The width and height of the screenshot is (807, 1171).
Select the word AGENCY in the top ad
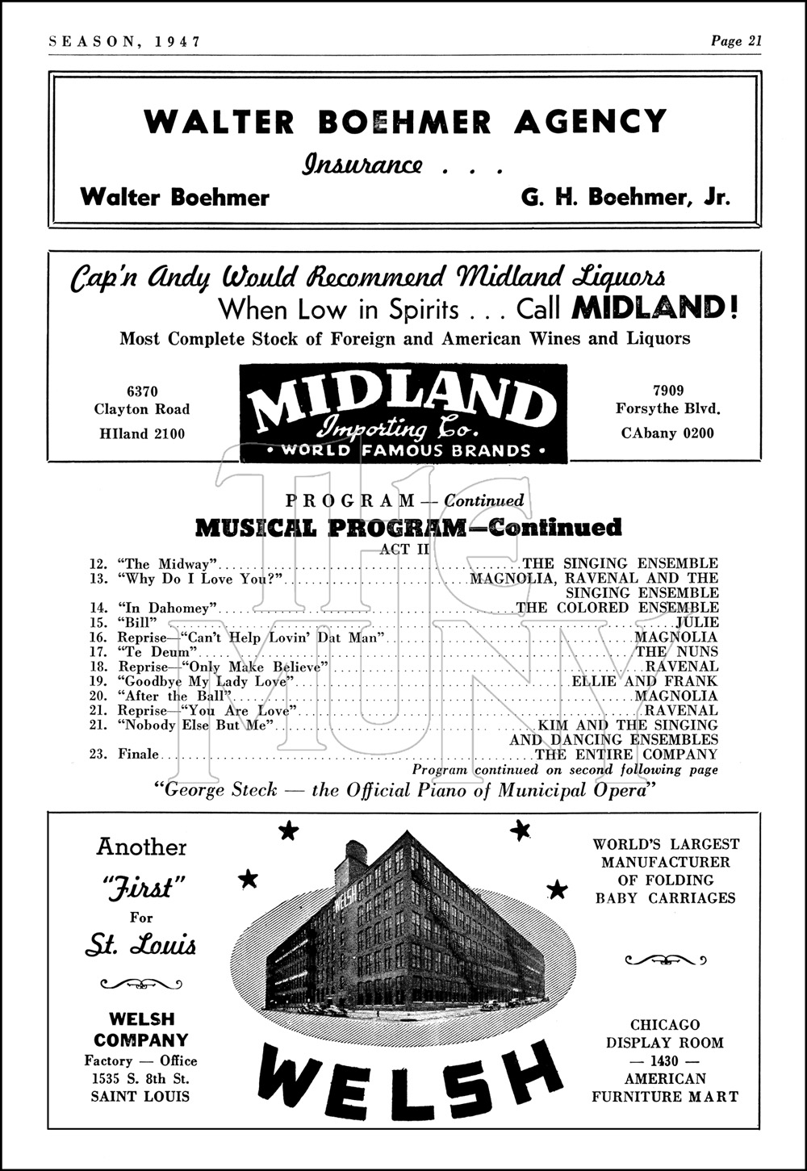click(590, 122)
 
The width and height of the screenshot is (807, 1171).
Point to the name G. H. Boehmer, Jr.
click(625, 197)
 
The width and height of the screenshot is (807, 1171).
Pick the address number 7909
click(668, 391)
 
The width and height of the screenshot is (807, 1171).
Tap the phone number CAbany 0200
click(667, 433)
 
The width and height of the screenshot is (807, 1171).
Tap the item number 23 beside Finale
click(98, 755)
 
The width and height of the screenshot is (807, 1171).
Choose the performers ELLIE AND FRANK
click(645, 681)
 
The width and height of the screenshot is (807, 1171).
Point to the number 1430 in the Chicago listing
click(665, 1060)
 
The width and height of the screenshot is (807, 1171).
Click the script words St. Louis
click(140, 945)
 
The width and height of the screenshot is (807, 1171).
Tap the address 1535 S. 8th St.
click(140, 1078)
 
